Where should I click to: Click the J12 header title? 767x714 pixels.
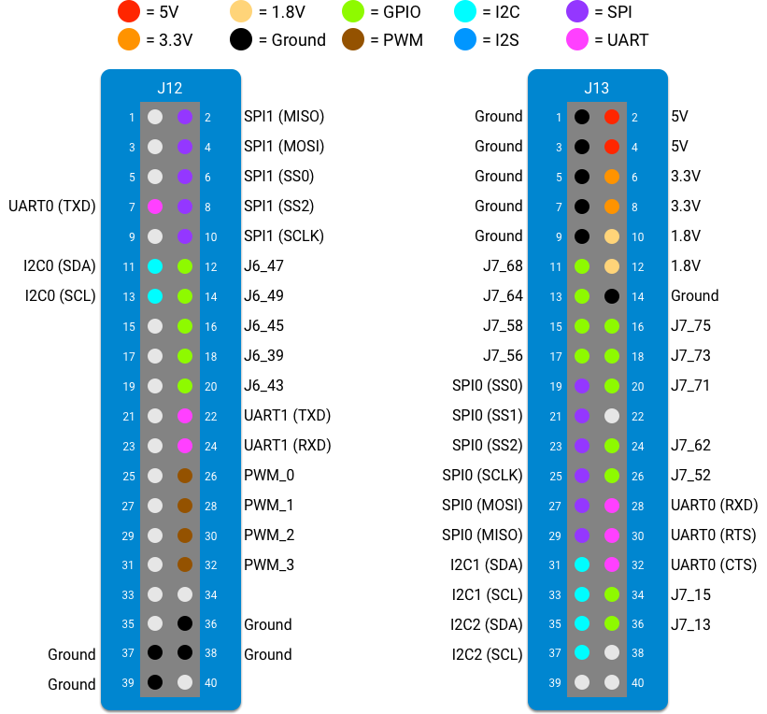(170, 89)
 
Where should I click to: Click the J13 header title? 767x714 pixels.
(597, 89)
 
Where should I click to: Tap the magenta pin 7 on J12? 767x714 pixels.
(155, 207)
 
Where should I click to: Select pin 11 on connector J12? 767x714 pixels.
(155, 266)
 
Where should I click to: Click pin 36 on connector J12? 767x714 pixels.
(185, 622)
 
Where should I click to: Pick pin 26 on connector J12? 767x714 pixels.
(185, 476)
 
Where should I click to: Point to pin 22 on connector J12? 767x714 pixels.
(185, 416)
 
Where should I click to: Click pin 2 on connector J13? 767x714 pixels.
(612, 117)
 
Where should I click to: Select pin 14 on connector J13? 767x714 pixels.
(612, 296)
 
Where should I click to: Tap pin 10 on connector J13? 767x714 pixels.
(612, 236)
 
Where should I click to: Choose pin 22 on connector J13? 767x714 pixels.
(612, 416)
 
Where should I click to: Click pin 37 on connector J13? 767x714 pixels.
(582, 652)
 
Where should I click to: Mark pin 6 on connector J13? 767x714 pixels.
(612, 177)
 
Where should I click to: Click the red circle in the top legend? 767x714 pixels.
(129, 11)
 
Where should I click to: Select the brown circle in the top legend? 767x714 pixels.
(353, 39)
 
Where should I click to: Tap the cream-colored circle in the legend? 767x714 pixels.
(241, 11)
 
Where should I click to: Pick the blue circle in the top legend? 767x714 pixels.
(465, 39)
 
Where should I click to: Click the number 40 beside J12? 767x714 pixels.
(211, 683)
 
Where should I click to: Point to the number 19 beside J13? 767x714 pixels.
(556, 386)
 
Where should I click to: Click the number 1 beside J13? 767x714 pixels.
(559, 118)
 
